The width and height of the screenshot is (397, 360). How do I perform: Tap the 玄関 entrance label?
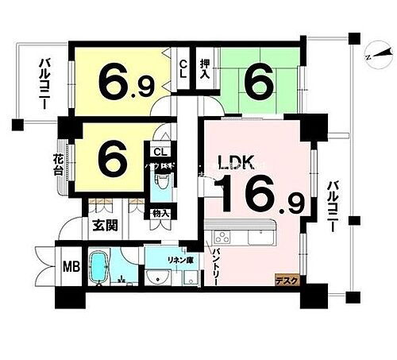coord(106,225)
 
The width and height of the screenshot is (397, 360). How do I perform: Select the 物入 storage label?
coord(160,214)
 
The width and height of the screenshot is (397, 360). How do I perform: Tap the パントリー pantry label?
coord(216,261)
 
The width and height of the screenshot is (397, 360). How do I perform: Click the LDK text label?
coord(236,164)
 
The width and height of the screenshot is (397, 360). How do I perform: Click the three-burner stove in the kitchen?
coord(222,236)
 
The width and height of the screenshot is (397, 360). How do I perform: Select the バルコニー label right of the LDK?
coord(331,205)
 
